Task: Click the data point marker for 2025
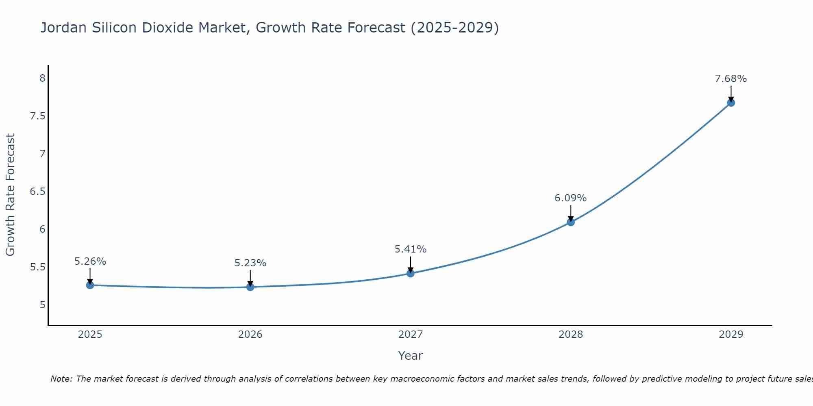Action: click(x=90, y=285)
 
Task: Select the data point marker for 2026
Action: click(x=250, y=287)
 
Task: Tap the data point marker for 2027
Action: click(x=411, y=273)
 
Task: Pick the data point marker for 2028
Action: click(x=571, y=222)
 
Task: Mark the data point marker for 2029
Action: click(x=731, y=103)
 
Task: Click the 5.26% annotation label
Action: click(x=90, y=261)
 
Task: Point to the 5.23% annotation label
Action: click(x=250, y=263)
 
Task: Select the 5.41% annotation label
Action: click(x=411, y=249)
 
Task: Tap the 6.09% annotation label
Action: click(x=571, y=198)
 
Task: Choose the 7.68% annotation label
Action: click(x=731, y=79)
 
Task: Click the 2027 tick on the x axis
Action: click(x=411, y=335)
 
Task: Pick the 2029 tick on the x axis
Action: click(x=731, y=335)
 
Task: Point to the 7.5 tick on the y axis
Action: click(x=37, y=117)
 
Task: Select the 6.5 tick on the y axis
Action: click(x=37, y=192)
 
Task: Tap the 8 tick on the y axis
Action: click(x=42, y=78)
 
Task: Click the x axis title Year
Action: click(x=411, y=356)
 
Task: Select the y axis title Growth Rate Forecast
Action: click(x=11, y=194)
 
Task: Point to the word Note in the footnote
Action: click(x=61, y=379)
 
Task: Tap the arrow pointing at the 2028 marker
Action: click(x=571, y=213)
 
